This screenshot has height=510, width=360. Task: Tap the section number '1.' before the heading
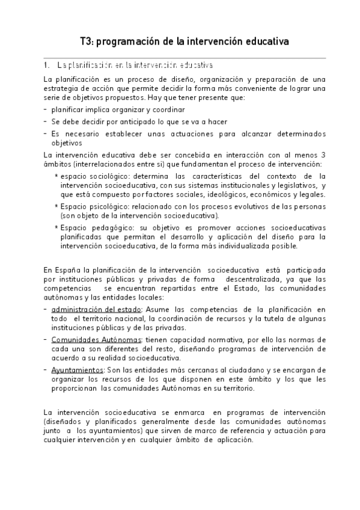46,64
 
